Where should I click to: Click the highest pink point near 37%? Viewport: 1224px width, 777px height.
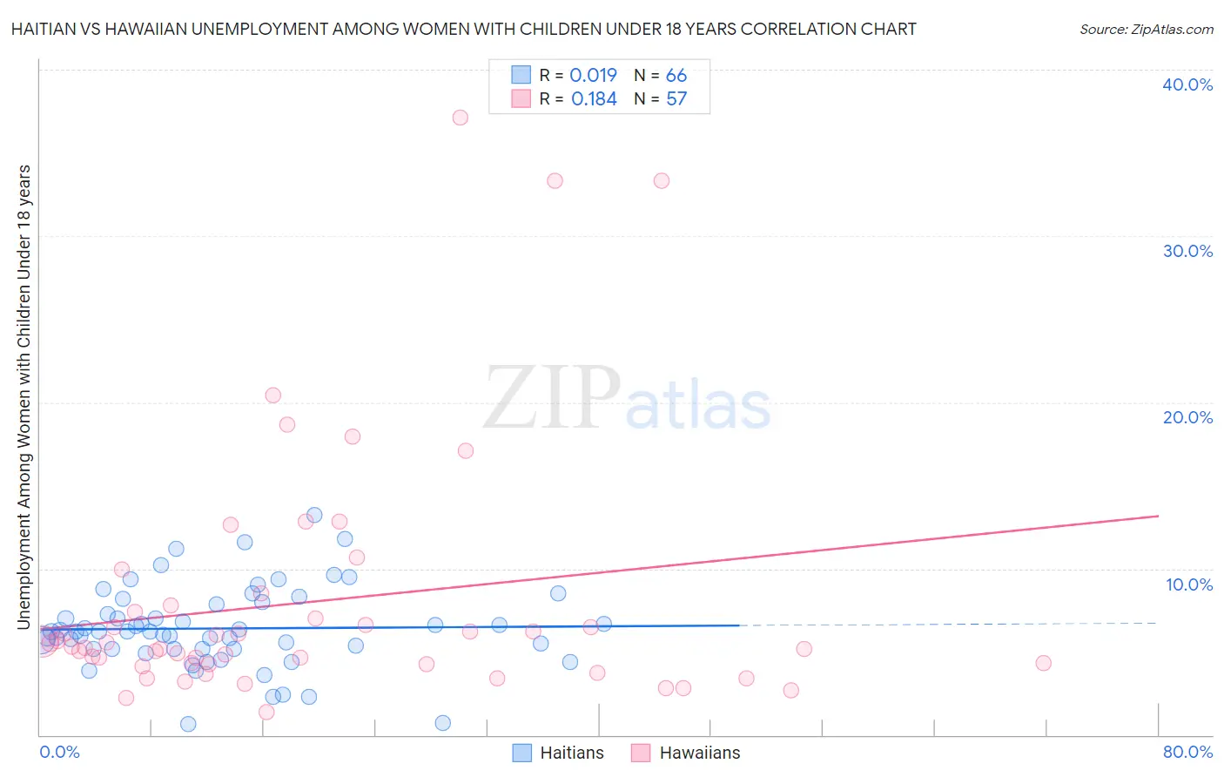461,118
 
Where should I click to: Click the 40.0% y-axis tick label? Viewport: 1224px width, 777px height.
1187,84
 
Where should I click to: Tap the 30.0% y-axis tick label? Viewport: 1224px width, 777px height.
1187,251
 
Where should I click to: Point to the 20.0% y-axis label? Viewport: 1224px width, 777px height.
1187,417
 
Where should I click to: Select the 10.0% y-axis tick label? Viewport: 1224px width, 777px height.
1188,584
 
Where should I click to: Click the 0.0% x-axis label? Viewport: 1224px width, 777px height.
59,752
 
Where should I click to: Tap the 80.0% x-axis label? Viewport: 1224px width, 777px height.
1187,752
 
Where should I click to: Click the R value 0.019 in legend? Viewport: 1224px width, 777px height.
593,76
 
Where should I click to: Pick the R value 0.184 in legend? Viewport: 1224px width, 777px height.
594,99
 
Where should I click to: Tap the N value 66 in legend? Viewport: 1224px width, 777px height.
676,76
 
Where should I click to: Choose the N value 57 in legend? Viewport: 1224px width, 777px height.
676,99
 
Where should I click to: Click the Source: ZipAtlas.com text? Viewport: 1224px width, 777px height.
1146,29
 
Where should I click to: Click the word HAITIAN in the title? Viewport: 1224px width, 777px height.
45,29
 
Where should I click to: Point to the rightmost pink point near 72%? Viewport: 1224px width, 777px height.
1043,663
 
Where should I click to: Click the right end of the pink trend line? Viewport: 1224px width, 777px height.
1158,517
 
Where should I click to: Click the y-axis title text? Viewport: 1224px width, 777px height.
24,396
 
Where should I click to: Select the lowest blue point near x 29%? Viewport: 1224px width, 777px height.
442,723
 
